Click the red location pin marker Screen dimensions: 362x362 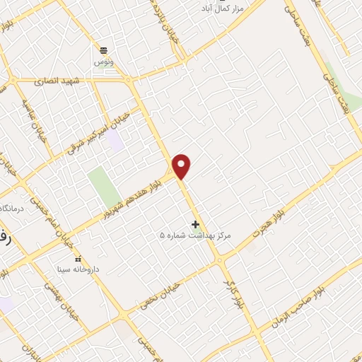tap(182, 166)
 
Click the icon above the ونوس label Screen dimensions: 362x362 tap(103, 49)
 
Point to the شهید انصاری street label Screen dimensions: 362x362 tap(57, 81)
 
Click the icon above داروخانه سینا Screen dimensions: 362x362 tap(78, 258)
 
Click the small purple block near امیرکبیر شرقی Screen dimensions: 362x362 tap(115, 140)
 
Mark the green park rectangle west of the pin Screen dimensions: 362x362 tap(103, 187)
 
